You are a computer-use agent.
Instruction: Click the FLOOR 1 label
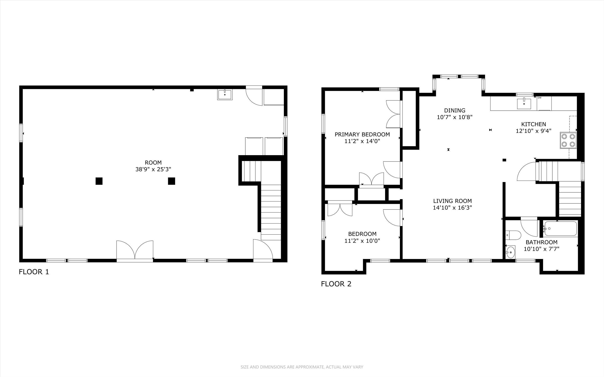[x=34, y=272]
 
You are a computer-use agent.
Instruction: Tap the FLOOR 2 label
[x=336, y=284]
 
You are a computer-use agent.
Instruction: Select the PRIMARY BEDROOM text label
[x=362, y=134]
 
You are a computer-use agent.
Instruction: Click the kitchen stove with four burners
[x=568, y=140]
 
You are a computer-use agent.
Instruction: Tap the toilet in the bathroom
[x=513, y=235]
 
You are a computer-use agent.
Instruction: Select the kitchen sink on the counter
[x=524, y=104]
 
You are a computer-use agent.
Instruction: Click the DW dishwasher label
[x=539, y=98]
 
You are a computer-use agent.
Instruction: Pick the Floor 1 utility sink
[x=225, y=95]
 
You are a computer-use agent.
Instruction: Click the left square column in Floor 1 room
[x=99, y=181]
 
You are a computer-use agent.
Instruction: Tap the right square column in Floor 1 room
[x=171, y=181]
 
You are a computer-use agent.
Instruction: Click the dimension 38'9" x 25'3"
[x=153, y=169]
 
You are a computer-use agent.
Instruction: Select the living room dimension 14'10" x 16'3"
[x=452, y=207]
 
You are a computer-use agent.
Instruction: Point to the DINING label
[x=455, y=110]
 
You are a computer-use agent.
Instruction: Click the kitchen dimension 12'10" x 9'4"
[x=534, y=131]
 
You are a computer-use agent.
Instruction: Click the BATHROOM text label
[x=542, y=242]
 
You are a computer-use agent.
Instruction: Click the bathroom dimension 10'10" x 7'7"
[x=542, y=249]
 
